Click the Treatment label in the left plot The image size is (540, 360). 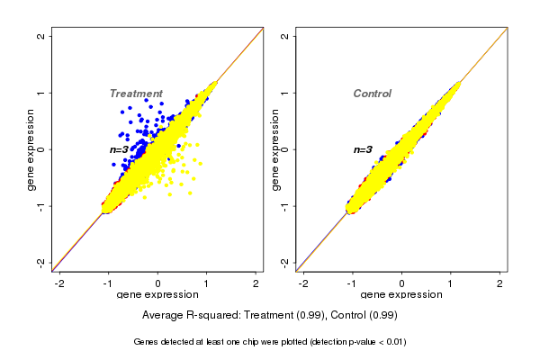(136, 94)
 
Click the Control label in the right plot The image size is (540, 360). (372, 94)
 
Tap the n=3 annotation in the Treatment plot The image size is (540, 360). (121, 149)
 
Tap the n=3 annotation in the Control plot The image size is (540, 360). (363, 149)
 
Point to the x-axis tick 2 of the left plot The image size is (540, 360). (256, 283)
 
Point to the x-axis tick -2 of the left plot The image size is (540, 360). (59, 283)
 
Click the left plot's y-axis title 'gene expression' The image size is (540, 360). (31, 149)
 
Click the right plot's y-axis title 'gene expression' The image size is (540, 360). (274, 149)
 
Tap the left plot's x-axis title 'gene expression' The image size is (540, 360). (158, 295)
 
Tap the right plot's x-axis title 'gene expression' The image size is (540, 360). (401, 295)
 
